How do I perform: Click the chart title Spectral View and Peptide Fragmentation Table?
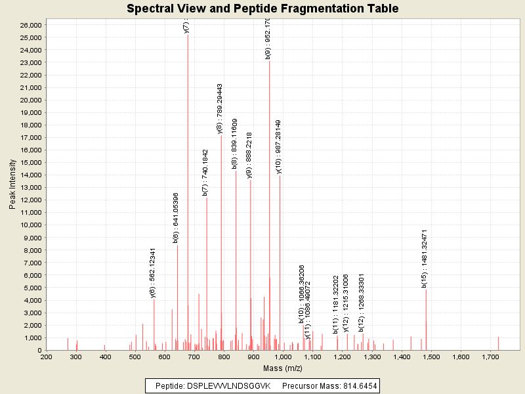click(262, 9)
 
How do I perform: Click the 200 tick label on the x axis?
click(46, 357)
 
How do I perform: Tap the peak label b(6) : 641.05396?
click(176, 218)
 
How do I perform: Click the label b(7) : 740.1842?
click(205, 172)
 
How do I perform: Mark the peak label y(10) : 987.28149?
click(278, 146)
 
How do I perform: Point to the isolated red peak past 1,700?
click(498, 343)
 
